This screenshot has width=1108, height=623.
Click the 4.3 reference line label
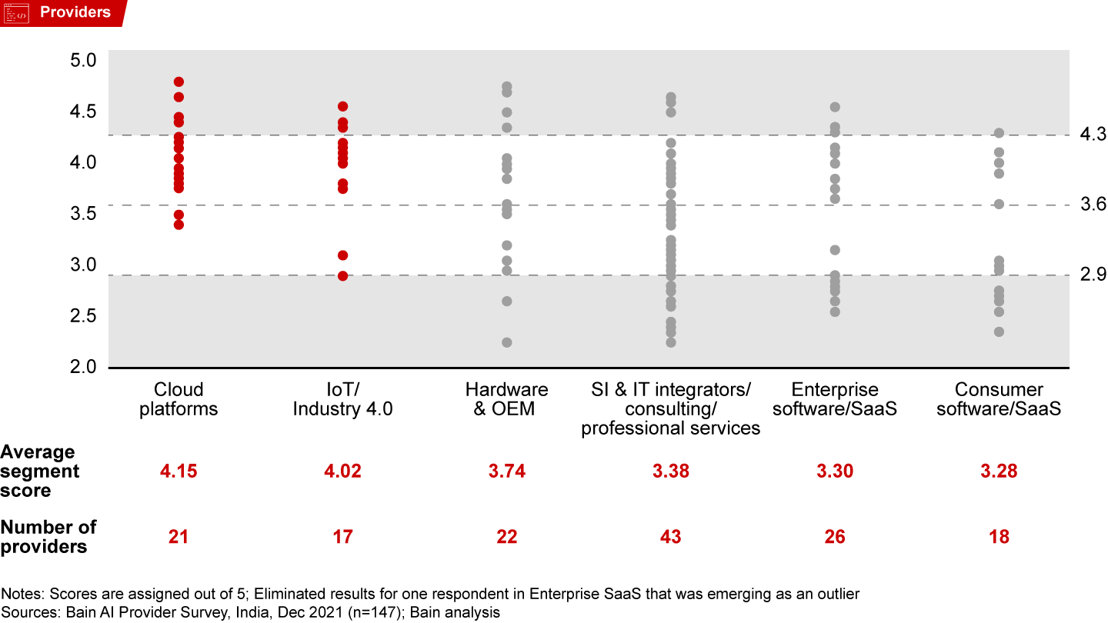1093,135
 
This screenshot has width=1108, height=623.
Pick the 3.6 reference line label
1093,205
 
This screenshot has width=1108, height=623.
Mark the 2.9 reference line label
1093,274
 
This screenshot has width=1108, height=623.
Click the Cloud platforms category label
179,399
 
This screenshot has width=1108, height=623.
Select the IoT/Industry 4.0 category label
342,399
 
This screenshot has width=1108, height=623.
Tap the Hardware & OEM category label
506,399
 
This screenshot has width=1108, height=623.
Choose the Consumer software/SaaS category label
999,399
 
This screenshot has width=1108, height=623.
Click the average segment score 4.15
179,471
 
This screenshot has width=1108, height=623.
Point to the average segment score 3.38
670,471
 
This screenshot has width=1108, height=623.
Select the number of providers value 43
670,537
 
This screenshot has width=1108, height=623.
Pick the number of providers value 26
835,537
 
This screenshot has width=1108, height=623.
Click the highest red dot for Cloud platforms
179,82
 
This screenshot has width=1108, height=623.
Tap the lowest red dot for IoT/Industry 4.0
342,275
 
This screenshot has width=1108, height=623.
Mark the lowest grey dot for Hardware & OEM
507,342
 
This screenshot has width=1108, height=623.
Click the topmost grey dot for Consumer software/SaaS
999,133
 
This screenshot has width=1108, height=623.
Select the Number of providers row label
48,537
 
